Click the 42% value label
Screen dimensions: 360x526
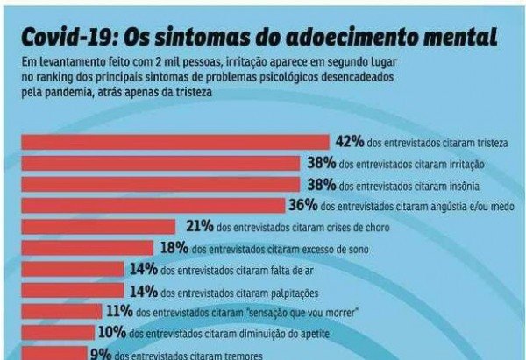tap(348, 142)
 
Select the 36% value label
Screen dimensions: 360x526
tap(302, 205)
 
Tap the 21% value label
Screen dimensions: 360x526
tap(201, 226)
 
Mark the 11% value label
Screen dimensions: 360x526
tap(118, 311)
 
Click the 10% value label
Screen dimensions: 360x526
tap(110, 333)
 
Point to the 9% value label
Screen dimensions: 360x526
tap(100, 354)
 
